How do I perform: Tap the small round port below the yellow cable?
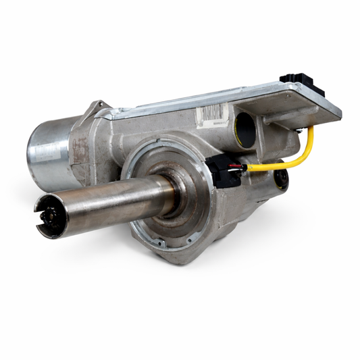pyautogui.click(x=280, y=178)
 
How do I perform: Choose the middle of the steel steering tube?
pyautogui.click(x=108, y=203)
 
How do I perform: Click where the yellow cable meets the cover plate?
pyautogui.click(x=310, y=128)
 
